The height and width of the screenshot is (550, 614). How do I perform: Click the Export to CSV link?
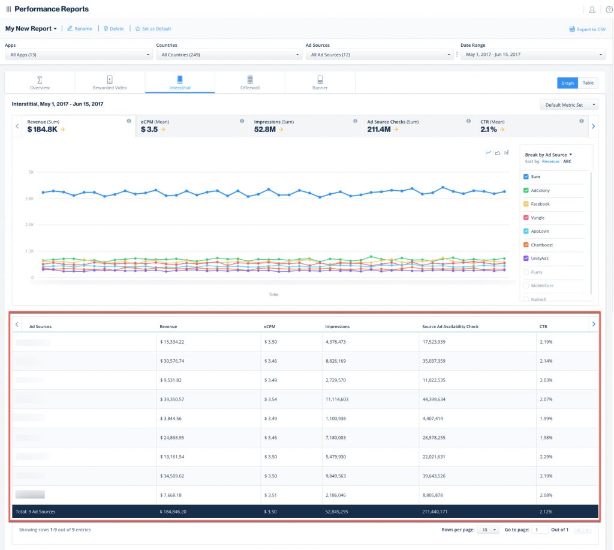point(587,29)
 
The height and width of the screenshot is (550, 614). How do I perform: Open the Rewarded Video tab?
point(110,83)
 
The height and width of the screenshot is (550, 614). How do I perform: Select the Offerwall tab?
point(249,83)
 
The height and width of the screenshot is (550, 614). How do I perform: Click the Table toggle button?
point(588,83)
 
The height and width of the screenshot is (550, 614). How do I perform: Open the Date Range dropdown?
point(532,55)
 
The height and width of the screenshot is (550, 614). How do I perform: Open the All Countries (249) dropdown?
point(228,55)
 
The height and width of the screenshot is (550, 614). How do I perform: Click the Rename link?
point(80,28)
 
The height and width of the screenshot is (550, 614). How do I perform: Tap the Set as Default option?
point(153,28)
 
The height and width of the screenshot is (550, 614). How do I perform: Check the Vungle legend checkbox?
point(526,218)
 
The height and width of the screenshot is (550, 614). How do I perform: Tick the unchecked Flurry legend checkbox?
point(526,272)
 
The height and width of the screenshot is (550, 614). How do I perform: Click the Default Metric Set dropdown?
point(568,105)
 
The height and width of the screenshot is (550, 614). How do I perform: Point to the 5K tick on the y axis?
point(31,172)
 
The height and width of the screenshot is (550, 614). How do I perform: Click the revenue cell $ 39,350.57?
point(172,399)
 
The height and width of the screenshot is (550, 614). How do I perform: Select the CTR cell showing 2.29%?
point(546,456)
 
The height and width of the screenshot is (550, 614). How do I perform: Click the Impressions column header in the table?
point(337,326)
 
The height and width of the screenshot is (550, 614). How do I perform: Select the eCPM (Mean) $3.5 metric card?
point(192,125)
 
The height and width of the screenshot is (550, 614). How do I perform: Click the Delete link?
point(113,28)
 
